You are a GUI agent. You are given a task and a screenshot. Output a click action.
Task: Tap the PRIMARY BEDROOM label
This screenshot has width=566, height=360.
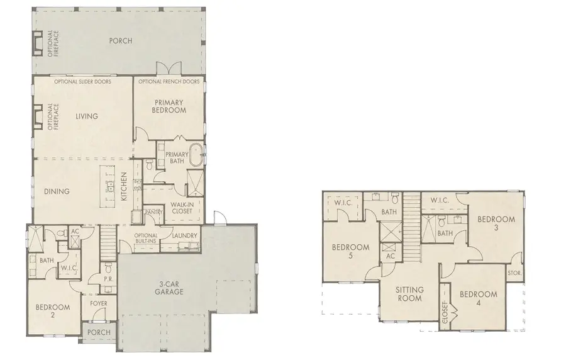[x=169, y=106]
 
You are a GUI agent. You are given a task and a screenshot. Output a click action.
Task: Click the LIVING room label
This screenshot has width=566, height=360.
[x=87, y=116]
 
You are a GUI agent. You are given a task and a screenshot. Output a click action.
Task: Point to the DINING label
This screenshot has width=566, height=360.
[x=57, y=192]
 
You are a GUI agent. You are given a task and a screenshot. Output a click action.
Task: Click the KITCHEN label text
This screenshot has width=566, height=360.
[x=125, y=187]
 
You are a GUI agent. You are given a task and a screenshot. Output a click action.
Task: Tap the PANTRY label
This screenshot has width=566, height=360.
[x=154, y=212]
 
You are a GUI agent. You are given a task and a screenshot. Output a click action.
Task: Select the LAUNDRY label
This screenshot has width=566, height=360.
[x=184, y=237]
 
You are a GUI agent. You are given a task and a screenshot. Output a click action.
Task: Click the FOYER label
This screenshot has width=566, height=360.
[x=99, y=303]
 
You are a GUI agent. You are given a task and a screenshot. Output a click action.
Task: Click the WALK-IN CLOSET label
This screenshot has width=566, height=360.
[x=182, y=208]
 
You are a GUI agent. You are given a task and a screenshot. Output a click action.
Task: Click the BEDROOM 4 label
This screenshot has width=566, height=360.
[x=478, y=298]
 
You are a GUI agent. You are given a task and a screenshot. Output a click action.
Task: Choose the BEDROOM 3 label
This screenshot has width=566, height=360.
[x=496, y=224]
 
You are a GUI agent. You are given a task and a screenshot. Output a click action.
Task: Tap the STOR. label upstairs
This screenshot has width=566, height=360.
[x=514, y=273]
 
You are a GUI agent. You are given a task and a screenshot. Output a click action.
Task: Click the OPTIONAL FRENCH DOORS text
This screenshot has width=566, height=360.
[x=169, y=82]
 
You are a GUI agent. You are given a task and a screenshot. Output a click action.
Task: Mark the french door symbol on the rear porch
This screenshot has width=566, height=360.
[x=169, y=69]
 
